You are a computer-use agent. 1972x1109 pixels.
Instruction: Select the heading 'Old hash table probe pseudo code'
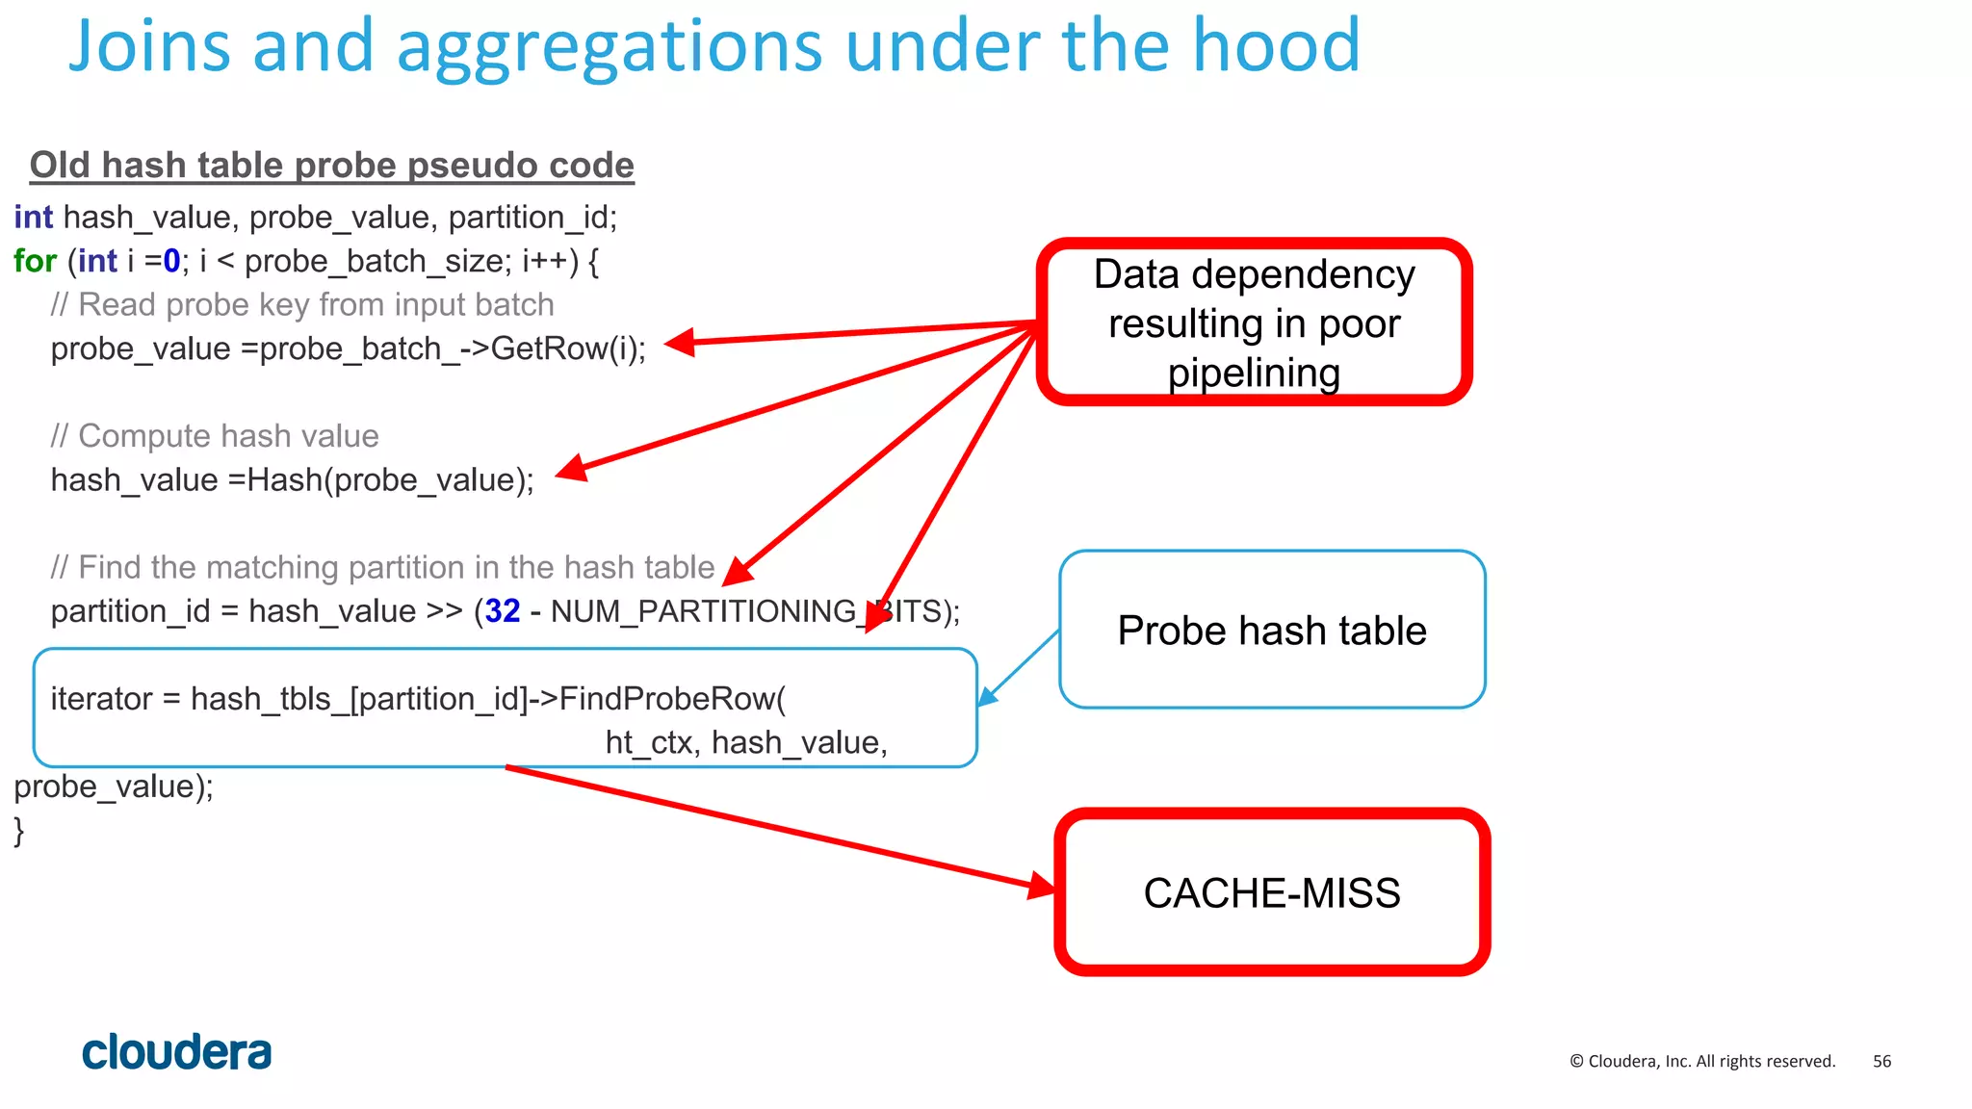pos(331,166)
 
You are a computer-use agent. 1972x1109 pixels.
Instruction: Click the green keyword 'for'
pos(35,261)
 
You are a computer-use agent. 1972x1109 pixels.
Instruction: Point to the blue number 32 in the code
pos(503,611)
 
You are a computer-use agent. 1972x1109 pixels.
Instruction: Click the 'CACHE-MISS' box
pos(1271,892)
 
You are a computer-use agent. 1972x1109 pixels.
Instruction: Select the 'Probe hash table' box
pos(1271,631)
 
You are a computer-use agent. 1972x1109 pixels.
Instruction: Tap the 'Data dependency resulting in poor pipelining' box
pos(1254,322)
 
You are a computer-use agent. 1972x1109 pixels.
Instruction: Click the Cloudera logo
pos(176,1052)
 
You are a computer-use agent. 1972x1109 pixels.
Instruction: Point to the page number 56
pos(1881,1061)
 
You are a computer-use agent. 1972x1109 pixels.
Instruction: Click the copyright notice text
pos(1702,1061)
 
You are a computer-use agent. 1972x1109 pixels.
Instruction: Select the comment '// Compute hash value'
pos(215,436)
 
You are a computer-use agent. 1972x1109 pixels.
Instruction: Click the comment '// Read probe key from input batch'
pos(302,305)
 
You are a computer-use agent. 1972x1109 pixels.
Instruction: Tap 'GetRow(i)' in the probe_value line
pos(566,348)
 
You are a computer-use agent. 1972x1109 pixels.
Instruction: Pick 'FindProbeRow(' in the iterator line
pos(672,699)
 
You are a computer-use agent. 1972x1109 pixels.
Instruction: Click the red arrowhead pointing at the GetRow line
pos(680,342)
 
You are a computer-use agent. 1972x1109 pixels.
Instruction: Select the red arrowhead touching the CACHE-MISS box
pos(1042,885)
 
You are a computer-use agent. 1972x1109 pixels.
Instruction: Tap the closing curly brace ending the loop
pos(19,830)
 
